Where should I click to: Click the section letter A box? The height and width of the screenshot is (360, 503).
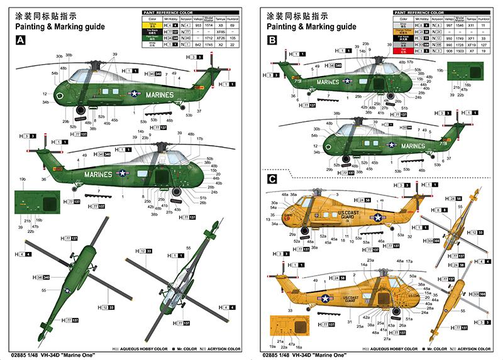click(21, 40)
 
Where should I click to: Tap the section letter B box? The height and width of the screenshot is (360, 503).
click(272, 40)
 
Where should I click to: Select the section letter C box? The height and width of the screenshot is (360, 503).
click(272, 179)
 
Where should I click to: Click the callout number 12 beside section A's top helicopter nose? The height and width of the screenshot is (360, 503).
click(45, 92)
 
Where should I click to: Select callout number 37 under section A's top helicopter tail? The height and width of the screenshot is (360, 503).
click(199, 111)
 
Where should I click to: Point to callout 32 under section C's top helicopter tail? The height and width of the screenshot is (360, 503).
click(409, 237)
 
